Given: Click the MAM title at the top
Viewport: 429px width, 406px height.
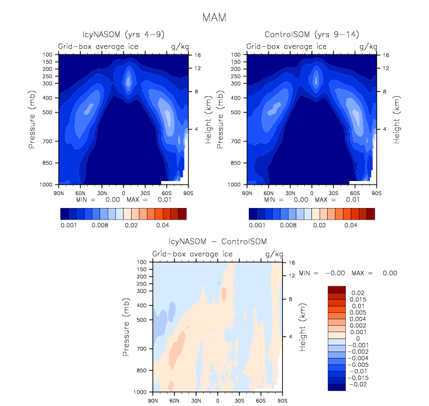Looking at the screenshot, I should pyautogui.click(x=214, y=17).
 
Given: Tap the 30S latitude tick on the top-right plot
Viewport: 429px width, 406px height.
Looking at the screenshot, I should pyautogui.click(x=333, y=192).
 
